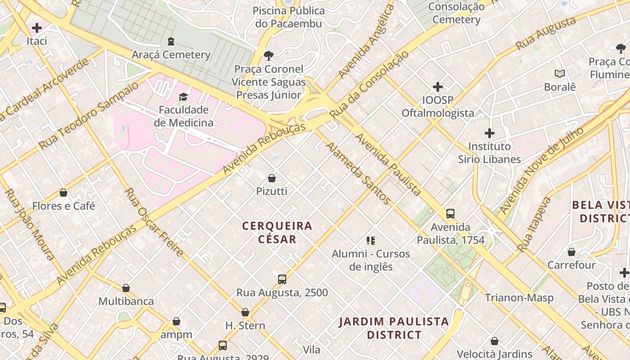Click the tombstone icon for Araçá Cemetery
[171, 41]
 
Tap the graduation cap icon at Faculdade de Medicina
[183, 97]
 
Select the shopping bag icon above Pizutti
[272, 178]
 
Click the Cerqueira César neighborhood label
[277, 232]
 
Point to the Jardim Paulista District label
[394, 328]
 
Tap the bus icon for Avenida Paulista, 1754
[450, 214]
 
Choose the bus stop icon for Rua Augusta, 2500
[282, 279]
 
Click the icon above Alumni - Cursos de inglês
[371, 241]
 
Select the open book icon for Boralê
[560, 73]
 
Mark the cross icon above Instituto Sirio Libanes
[490, 133]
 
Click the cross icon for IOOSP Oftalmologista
[437, 87]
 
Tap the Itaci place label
[37, 41]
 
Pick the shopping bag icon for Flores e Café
[63, 193]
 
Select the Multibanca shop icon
[126, 288]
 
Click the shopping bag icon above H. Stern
[245, 312]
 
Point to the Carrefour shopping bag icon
[571, 252]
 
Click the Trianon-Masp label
[519, 297]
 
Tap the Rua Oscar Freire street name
[153, 222]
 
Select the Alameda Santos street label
[358, 173]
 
